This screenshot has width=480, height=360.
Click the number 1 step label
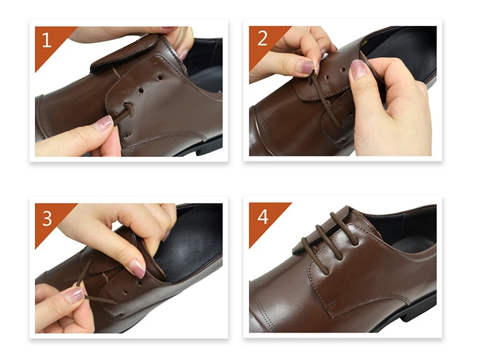tap(46, 40)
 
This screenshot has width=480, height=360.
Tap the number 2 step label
tap(262, 38)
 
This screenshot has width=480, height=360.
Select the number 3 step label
tap(47, 218)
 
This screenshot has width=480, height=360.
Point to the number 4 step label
tap(263, 217)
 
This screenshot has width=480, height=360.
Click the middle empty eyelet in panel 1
tap(141, 91)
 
